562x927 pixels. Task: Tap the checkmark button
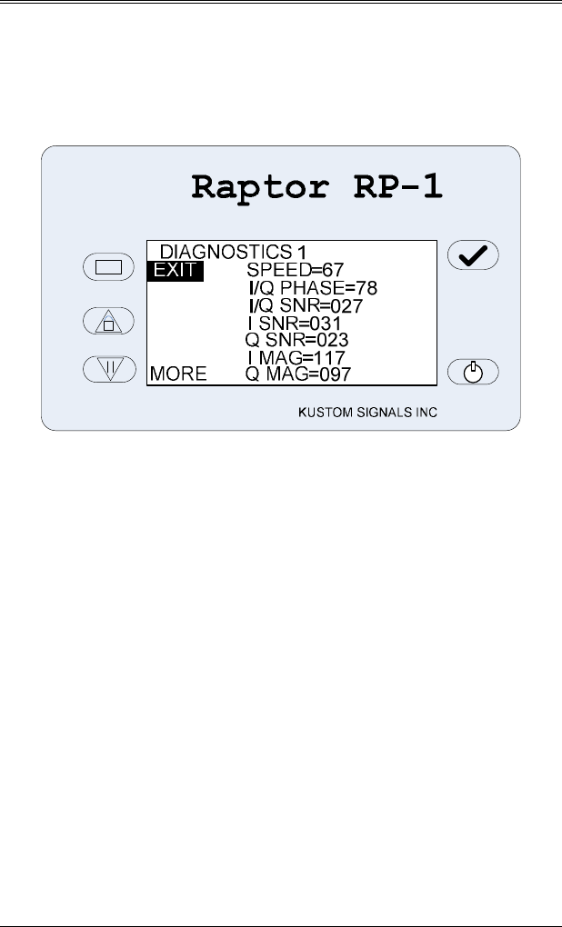pos(473,256)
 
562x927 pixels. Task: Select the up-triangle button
pos(108,321)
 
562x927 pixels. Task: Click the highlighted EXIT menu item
pos(175,270)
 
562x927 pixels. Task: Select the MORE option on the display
pos(178,374)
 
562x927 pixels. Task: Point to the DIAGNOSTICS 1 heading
pos(233,251)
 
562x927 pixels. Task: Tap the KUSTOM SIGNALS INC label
pos(367,413)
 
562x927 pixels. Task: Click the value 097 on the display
pos(334,374)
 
